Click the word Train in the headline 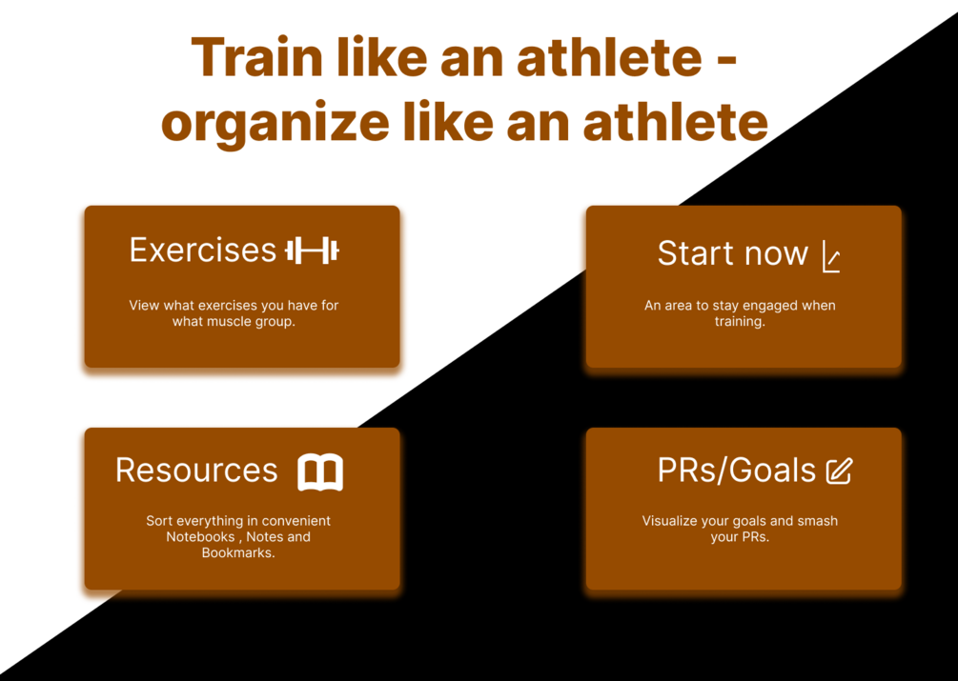(x=256, y=57)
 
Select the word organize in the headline (x=275, y=123)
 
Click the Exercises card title (x=203, y=250)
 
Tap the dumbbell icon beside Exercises (x=313, y=250)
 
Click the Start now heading (x=732, y=252)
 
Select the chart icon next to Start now (x=831, y=256)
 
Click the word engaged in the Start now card (x=768, y=306)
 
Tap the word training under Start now (x=740, y=322)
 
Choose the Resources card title (x=196, y=470)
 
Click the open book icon (x=320, y=471)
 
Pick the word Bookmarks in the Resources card (x=238, y=552)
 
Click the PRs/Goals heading (x=736, y=471)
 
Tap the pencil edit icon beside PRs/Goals (x=839, y=471)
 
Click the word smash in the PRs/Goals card (x=818, y=521)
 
